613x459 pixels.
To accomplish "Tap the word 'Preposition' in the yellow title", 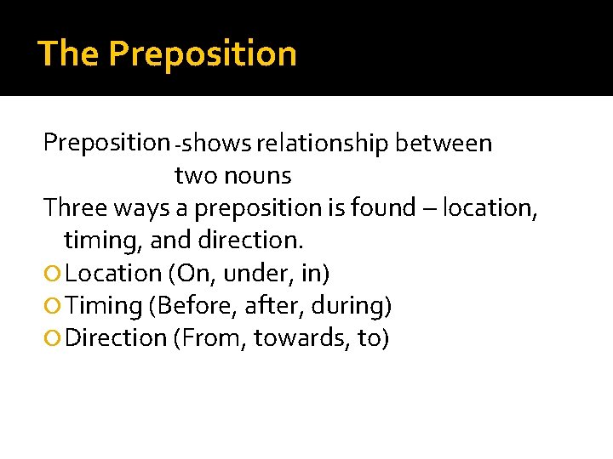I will [x=203, y=54].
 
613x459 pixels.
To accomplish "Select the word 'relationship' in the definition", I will [x=324, y=144].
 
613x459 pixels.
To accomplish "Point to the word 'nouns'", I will [x=261, y=176].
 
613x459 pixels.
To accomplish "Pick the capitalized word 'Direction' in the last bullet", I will [x=116, y=338].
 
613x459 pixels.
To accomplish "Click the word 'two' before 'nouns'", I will [x=195, y=176].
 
